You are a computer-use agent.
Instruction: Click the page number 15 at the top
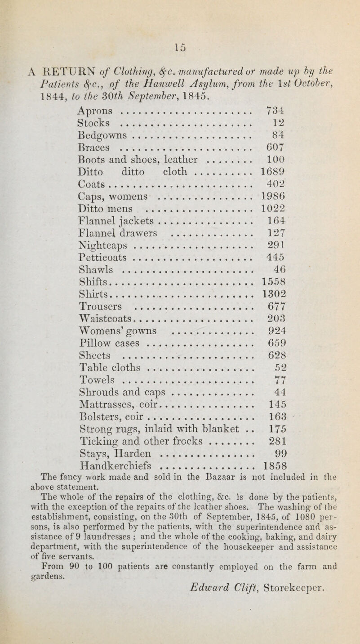[x=181, y=9]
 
